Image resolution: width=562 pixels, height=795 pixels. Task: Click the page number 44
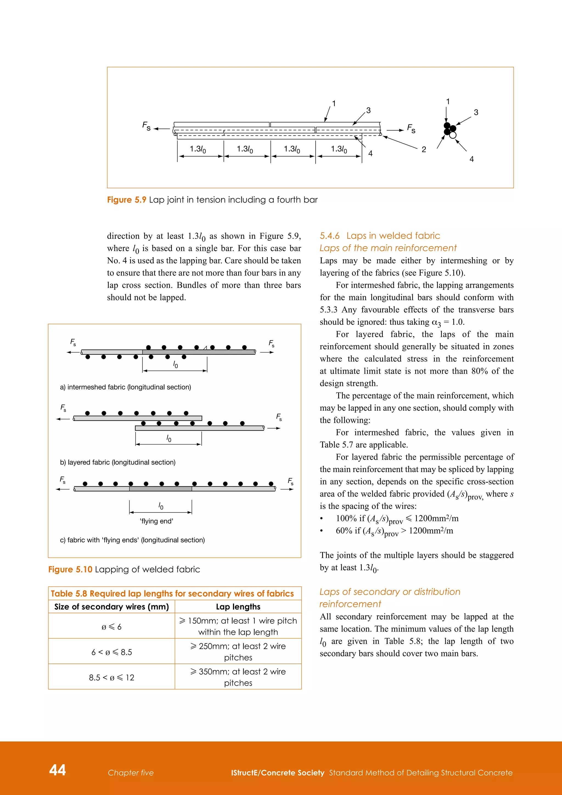click(57, 770)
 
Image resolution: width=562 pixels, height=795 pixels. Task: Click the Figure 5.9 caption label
click(126, 200)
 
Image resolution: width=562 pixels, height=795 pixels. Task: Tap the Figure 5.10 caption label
click(70, 570)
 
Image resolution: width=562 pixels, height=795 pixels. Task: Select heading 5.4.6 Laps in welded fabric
click(380, 236)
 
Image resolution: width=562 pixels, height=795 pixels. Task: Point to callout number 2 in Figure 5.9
click(424, 150)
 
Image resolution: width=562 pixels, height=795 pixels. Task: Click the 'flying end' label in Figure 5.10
click(156, 521)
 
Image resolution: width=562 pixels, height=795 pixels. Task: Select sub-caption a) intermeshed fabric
click(125, 387)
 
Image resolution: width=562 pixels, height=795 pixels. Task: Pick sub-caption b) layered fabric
click(118, 462)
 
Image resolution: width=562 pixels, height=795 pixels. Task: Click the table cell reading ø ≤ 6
click(111, 627)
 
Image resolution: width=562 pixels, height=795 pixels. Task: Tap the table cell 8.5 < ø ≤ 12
click(111, 678)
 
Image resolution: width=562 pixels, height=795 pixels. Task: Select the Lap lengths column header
click(238, 607)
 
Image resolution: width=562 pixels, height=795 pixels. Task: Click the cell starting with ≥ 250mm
click(238, 652)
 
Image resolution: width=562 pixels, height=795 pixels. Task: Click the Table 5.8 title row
click(172, 594)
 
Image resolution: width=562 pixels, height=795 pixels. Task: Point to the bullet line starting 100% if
click(397, 519)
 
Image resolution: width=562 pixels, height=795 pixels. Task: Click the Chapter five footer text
click(130, 773)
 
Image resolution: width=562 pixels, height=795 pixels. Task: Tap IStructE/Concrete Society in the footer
click(277, 773)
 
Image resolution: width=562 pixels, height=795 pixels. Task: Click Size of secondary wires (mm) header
click(111, 607)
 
